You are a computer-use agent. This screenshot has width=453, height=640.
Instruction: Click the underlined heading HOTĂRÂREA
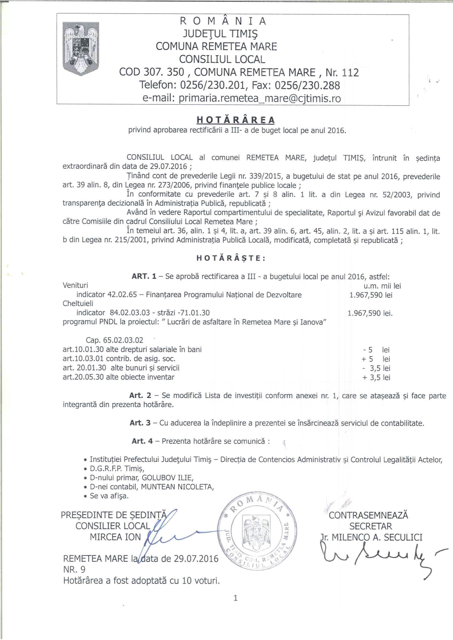click(236, 120)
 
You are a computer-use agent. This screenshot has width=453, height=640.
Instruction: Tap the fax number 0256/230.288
click(307, 85)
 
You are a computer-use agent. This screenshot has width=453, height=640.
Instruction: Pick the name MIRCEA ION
click(115, 537)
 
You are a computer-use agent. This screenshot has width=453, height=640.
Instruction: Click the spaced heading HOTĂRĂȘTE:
click(231, 258)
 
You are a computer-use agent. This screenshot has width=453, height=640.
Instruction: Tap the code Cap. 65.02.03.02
click(115, 340)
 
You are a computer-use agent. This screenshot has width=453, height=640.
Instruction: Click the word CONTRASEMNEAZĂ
click(368, 515)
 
